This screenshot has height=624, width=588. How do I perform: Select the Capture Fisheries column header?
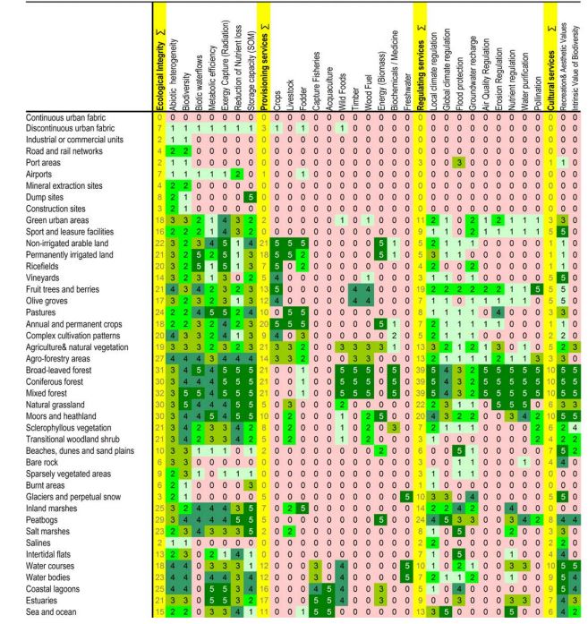point(316,72)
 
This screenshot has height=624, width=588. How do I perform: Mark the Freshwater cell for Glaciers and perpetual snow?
point(407,494)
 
